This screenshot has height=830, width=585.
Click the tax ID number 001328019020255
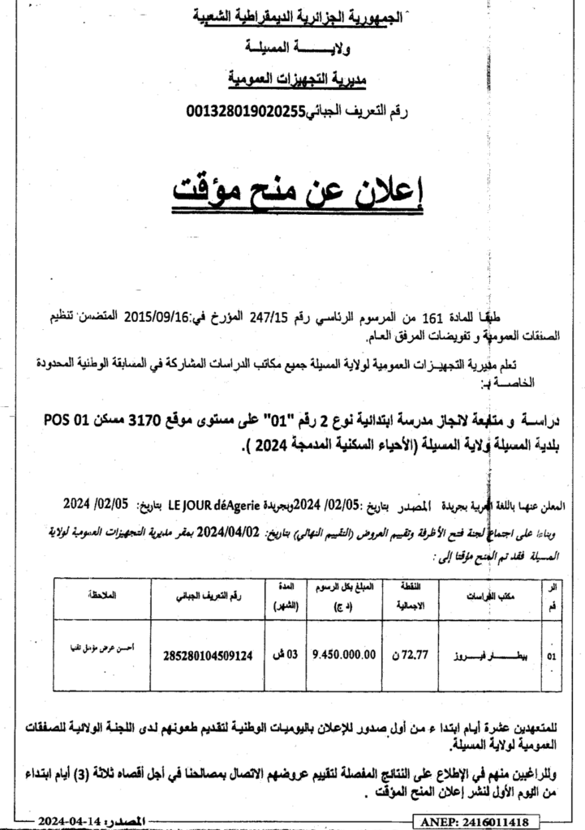tap(245, 111)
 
